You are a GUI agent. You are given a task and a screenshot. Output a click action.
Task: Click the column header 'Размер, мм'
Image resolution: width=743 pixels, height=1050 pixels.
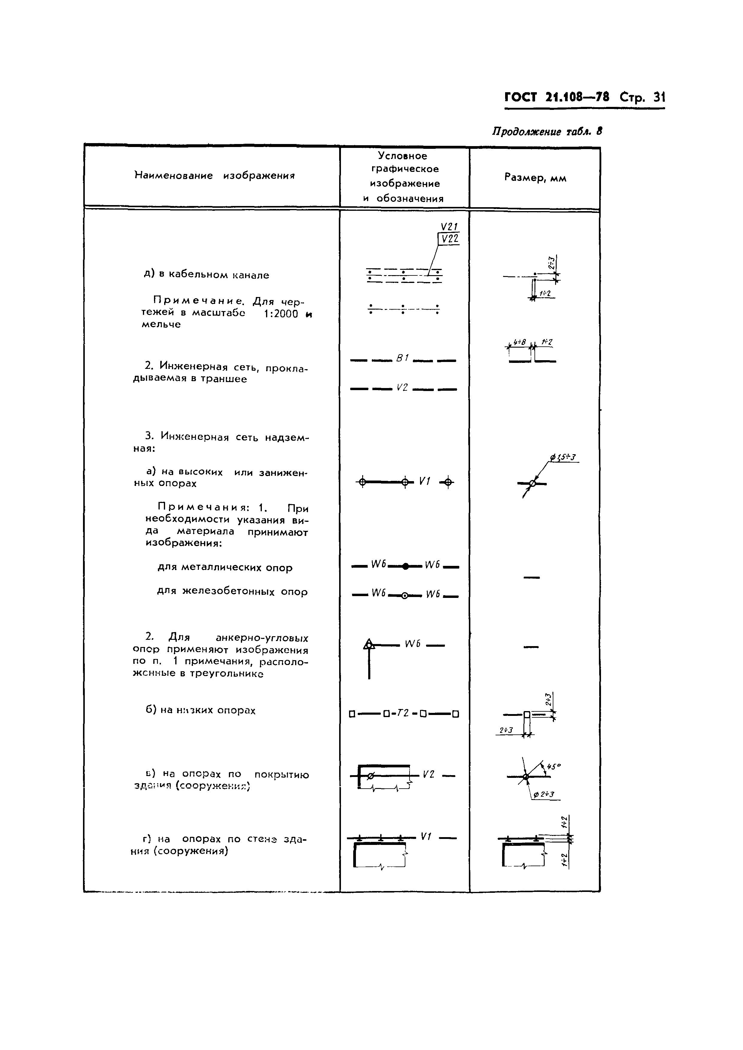point(535,178)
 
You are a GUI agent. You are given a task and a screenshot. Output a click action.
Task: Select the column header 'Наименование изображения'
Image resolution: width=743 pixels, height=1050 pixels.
point(215,176)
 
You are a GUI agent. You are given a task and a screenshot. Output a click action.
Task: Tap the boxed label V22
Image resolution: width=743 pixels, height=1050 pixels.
point(449,238)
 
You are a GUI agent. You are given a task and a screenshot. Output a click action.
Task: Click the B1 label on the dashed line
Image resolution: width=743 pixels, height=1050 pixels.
point(402,359)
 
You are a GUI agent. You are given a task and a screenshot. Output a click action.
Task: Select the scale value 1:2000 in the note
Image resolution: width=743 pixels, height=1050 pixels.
point(281,314)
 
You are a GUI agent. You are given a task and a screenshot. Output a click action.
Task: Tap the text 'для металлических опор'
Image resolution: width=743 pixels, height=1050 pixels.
point(225,568)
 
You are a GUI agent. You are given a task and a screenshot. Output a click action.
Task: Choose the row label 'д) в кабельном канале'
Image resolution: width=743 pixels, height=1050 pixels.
point(206,275)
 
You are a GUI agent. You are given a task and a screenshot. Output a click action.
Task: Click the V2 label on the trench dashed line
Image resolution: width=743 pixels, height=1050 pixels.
point(402,388)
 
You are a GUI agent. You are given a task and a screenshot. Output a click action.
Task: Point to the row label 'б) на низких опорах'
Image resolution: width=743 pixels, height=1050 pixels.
point(200,710)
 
